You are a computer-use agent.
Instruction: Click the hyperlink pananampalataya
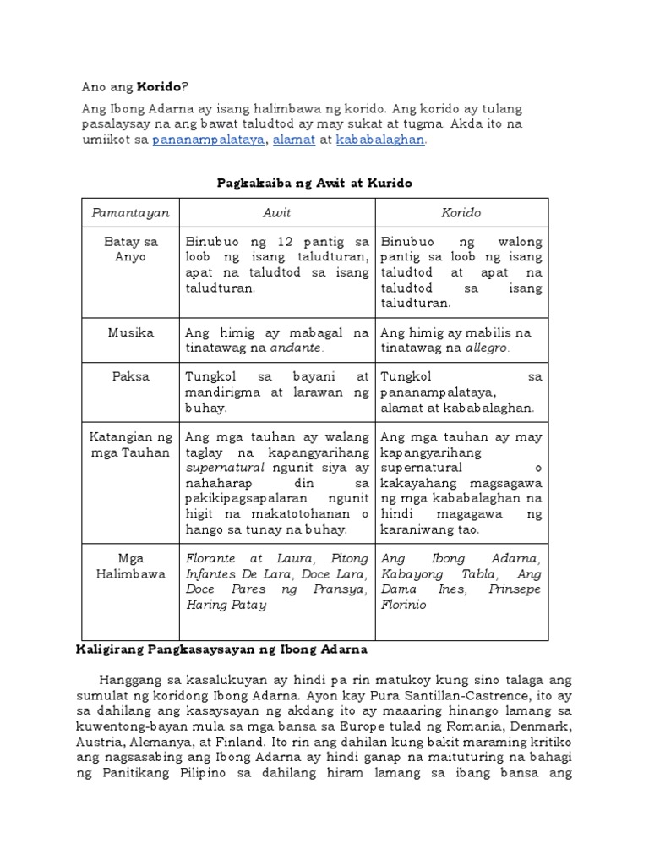click(207, 140)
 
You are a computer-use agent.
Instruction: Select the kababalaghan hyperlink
click(380, 140)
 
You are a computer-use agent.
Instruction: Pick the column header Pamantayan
click(131, 213)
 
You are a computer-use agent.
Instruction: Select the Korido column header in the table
click(461, 213)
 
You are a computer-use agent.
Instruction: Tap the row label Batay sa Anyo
click(131, 249)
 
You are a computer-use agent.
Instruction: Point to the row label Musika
click(131, 332)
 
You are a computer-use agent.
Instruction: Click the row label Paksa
click(131, 376)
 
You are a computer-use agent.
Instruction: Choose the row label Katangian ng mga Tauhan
click(131, 444)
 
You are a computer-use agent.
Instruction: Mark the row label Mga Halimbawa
click(131, 566)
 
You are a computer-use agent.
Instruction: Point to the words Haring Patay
click(226, 605)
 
